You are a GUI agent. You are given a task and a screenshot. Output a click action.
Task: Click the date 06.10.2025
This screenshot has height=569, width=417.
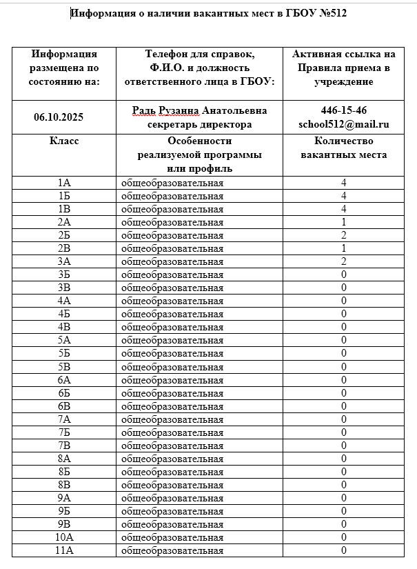pos(59,117)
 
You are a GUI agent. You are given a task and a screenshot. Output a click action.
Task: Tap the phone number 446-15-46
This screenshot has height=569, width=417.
pos(343,111)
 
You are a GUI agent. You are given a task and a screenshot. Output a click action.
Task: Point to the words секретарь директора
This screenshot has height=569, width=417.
pos(199,124)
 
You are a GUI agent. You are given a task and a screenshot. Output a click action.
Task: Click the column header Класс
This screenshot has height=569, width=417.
pos(64,141)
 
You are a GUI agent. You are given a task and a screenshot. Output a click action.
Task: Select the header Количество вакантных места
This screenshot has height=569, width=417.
pos(343,148)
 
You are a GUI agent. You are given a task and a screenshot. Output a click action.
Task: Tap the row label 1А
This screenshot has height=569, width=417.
pos(64,183)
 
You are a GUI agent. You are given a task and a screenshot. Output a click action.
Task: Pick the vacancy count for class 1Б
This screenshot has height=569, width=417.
pos(343,196)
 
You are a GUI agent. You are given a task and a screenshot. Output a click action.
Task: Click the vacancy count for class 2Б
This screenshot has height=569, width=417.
pos(343,235)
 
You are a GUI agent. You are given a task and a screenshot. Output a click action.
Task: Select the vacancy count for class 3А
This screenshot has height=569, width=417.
pos(343,261)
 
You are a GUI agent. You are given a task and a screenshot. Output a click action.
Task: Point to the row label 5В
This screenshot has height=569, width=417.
pos(64,366)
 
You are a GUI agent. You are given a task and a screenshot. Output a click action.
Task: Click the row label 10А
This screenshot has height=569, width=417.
pos(64,537)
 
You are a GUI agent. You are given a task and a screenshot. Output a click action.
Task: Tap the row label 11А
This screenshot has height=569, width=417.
pos(64,550)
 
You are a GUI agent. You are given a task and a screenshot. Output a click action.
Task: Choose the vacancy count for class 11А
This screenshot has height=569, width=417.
pos(343,550)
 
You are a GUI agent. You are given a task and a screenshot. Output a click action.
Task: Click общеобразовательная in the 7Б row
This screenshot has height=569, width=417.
pos(172,432)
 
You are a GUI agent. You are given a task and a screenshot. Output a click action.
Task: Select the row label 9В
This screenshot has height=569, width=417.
pos(64,524)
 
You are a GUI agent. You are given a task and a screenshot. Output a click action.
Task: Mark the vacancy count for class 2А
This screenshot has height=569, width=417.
pos(343,222)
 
